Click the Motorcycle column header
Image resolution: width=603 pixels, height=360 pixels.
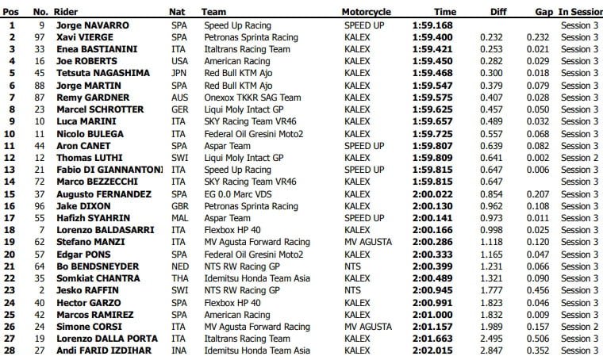[367, 13]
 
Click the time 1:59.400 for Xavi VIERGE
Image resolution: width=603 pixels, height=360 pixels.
[434, 37]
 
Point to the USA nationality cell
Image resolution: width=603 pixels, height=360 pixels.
[179, 61]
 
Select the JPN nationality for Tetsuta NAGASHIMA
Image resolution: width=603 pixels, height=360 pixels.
[179, 73]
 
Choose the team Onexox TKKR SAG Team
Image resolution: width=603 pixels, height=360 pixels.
[252, 98]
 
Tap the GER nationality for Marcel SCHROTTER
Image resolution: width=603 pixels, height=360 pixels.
[179, 109]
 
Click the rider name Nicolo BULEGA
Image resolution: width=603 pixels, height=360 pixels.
[90, 134]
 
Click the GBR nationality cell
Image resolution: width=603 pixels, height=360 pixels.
[179, 206]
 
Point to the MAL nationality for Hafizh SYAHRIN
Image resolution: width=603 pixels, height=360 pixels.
[179, 218]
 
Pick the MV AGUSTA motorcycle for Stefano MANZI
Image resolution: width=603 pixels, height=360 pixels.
[367, 243]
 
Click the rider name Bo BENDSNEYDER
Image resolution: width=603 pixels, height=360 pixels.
[98, 266]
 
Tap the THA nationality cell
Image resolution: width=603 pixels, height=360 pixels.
[179, 278]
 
